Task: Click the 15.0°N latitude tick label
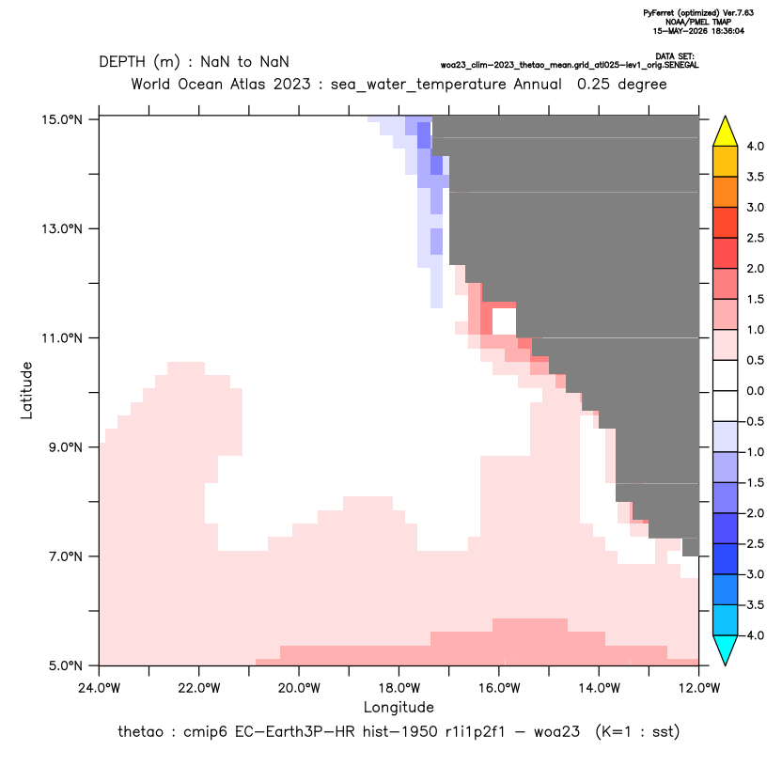click(x=62, y=119)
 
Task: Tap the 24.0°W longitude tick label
click(x=100, y=688)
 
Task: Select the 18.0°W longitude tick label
click(x=399, y=688)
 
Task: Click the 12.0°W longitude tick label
click(x=699, y=688)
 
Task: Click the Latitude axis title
click(x=26, y=390)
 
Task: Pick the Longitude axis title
click(x=399, y=707)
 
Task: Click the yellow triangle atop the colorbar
click(x=726, y=132)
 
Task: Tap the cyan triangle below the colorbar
click(x=726, y=650)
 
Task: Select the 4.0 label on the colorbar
click(x=755, y=146)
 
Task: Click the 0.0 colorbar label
click(x=755, y=391)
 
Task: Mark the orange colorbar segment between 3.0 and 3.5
click(x=726, y=193)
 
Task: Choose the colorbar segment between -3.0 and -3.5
click(x=726, y=589)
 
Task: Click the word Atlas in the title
click(x=247, y=84)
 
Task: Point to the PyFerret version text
click(x=698, y=13)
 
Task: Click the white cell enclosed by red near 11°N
click(x=504, y=321)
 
